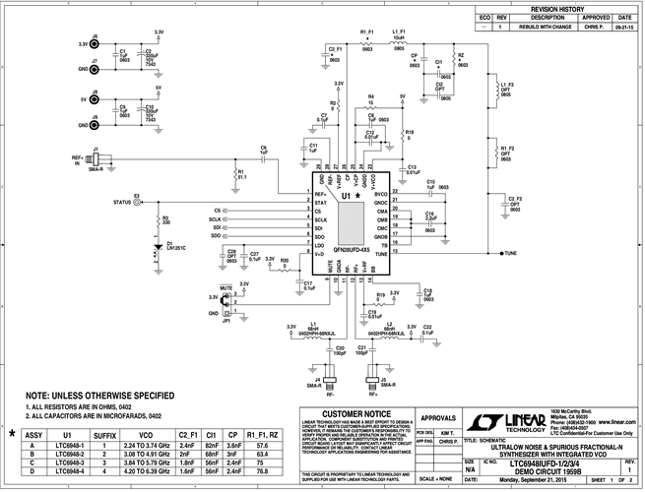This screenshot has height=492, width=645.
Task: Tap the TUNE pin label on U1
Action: click(380, 254)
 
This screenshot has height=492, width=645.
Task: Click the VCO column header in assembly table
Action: click(146, 433)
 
